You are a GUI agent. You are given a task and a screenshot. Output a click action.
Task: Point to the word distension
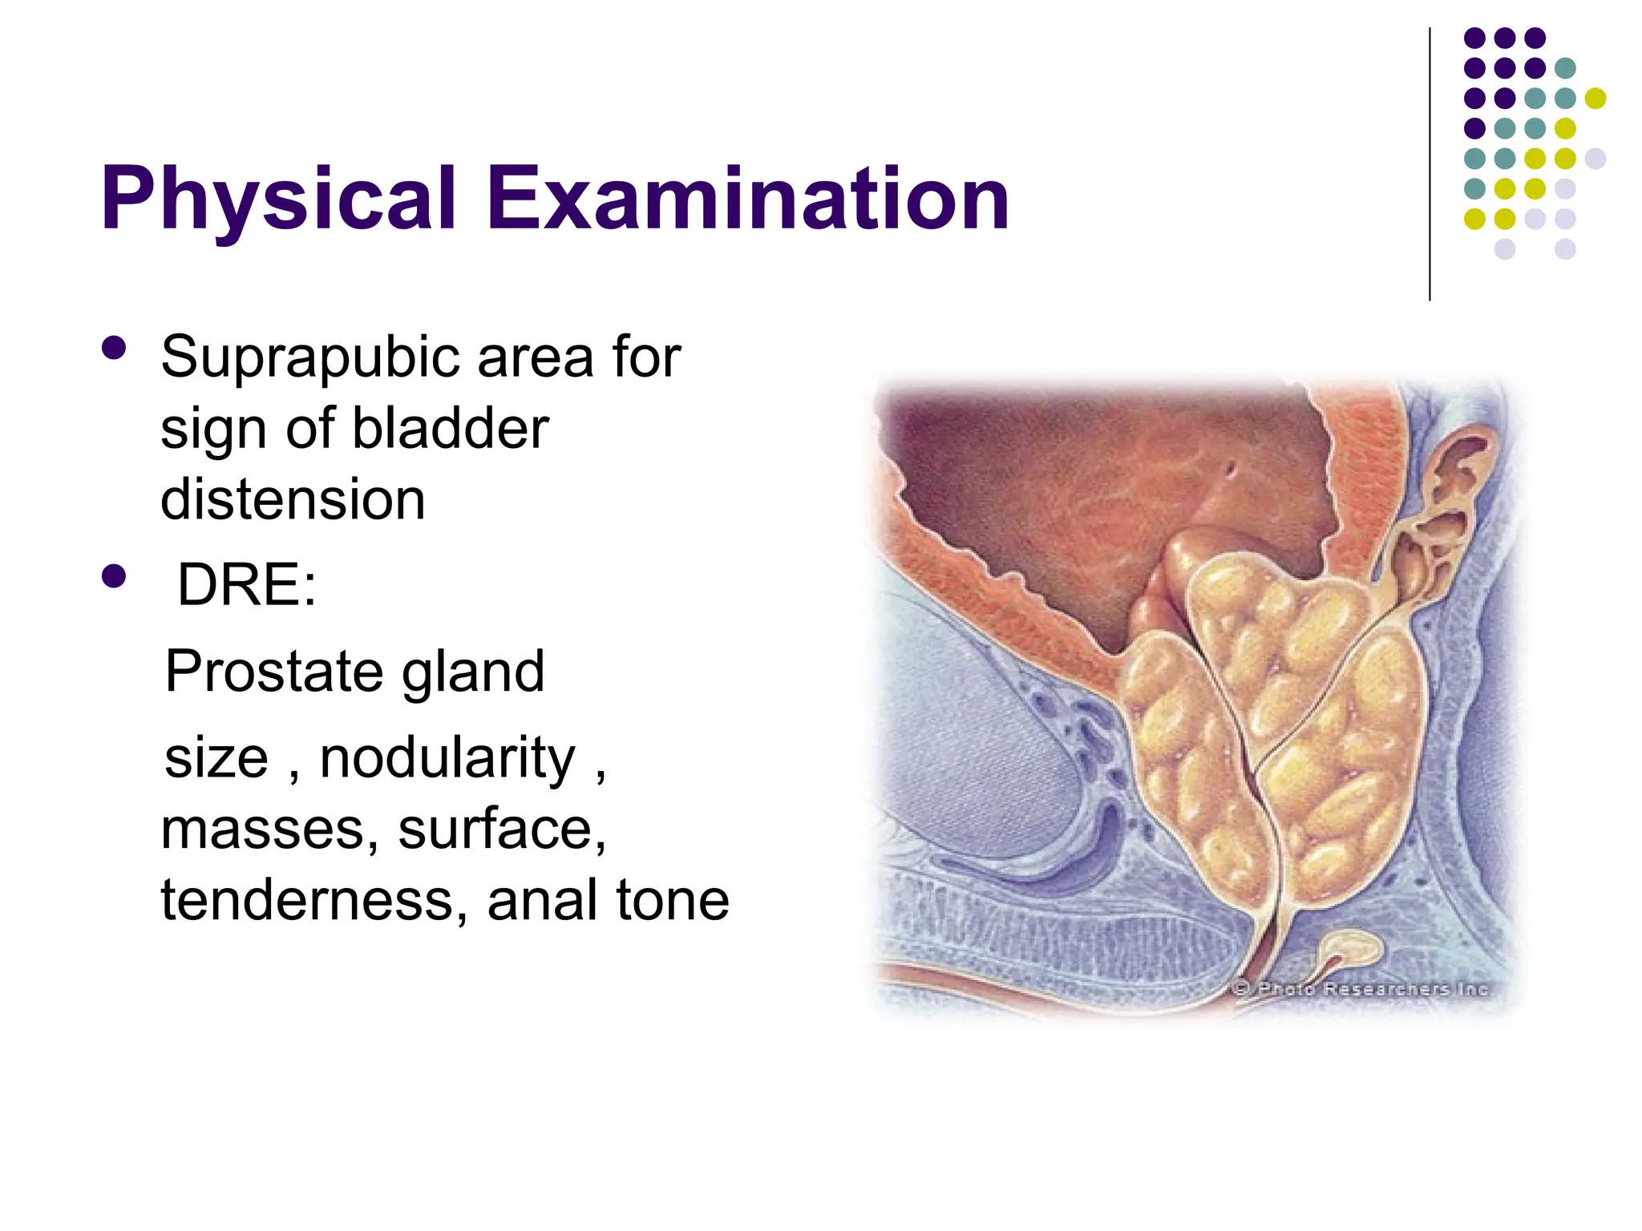coord(293,499)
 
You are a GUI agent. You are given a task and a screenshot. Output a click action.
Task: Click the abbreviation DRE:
coord(246,585)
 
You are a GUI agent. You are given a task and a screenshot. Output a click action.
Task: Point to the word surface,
coord(503,829)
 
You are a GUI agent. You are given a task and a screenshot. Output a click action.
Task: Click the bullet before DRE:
coord(114,577)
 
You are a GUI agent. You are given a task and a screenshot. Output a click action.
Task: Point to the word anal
coord(541,900)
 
